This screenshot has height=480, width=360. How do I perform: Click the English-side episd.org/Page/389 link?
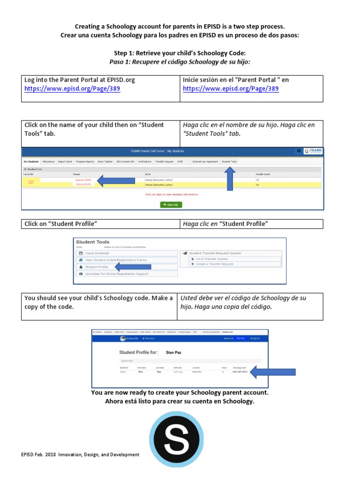coord(72,89)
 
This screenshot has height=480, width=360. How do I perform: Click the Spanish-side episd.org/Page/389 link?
coord(231,89)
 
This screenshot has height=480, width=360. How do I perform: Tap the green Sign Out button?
coord(171,205)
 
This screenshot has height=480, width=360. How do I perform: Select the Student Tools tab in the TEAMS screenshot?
coord(229,161)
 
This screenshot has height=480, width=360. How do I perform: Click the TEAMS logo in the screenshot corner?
coord(313,151)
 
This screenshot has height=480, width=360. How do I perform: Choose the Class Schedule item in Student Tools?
coord(97,253)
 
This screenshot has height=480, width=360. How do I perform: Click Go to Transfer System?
coord(212,259)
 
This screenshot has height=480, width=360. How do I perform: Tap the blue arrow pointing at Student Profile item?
coord(133,267)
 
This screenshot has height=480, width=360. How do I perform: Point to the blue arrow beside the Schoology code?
coord(273,373)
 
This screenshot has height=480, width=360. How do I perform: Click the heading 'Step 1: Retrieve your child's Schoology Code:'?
coord(180,53)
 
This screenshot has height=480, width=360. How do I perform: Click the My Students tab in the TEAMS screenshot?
coord(31,161)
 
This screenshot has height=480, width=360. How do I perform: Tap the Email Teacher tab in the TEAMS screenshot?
coord(105,161)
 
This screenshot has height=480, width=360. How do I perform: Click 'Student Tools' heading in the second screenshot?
coord(92,242)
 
